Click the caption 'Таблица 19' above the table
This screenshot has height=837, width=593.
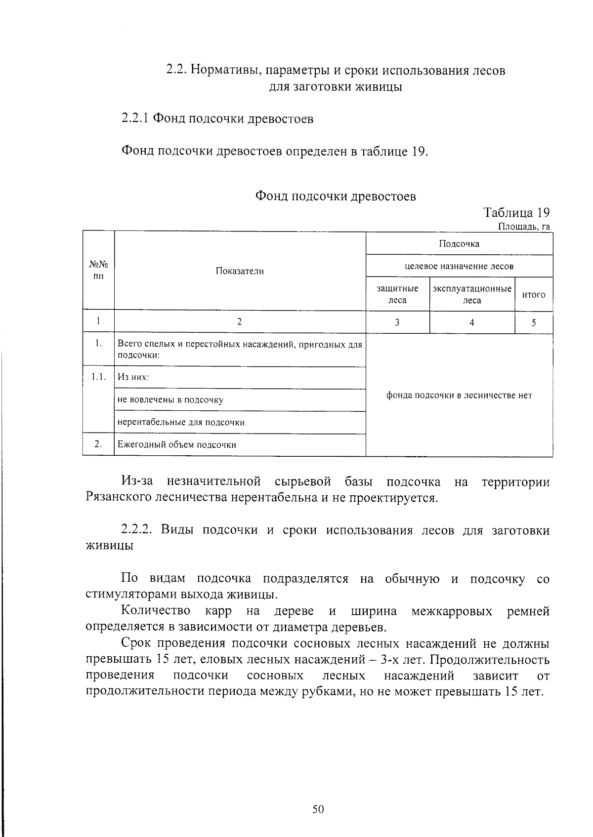pos(516,213)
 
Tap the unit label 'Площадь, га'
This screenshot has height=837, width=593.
pos(523,227)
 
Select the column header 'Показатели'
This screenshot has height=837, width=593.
pos(240,271)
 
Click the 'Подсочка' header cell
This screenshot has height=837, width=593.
pos(459,243)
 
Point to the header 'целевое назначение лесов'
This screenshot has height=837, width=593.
pos(459,266)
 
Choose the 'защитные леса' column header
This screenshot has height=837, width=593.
pos(397,294)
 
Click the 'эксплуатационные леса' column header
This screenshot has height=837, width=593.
pos(472,294)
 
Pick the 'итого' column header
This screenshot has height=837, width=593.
pos(534,295)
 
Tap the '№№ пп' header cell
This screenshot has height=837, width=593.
pos(98,271)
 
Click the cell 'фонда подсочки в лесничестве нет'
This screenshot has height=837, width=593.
pos(459,395)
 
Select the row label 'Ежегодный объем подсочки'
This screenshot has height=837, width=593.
pos(176,444)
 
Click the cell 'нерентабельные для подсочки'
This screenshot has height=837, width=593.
pos(181,422)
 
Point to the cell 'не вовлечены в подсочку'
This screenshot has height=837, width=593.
pos(170,400)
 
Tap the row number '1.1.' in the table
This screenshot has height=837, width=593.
pos(98,377)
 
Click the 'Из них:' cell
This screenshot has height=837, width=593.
pos(133,378)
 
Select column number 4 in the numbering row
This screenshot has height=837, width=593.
pos(472,322)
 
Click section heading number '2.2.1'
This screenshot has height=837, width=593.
pos(135,119)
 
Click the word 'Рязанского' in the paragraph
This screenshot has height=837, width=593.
pos(119,497)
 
